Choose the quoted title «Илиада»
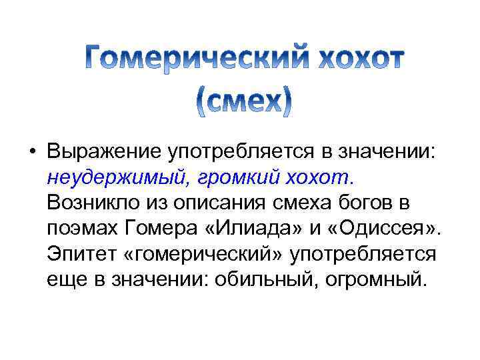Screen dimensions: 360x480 click(255, 229)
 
